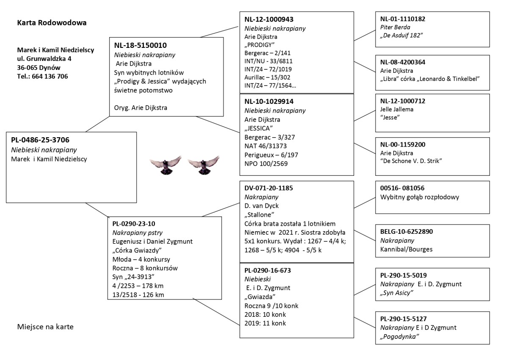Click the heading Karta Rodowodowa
[52, 22]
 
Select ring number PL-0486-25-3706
[41, 140]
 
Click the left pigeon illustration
[164, 165]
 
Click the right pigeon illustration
[204, 165]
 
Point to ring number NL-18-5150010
[140, 45]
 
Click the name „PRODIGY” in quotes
[260, 45]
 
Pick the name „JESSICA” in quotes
[258, 127]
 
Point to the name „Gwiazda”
[260, 296]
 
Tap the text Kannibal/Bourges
[406, 249]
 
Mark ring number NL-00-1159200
[403, 144]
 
